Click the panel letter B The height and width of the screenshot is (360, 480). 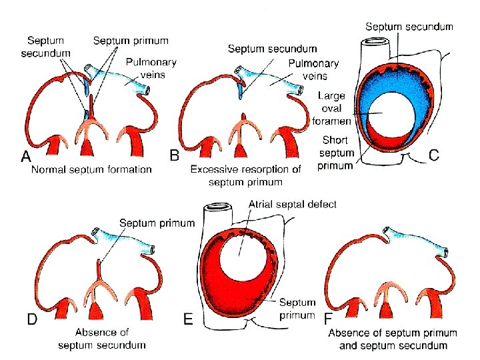pyautogui.click(x=175, y=155)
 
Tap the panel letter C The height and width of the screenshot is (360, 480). pyautogui.click(x=434, y=155)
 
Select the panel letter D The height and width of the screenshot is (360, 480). pyautogui.click(x=31, y=319)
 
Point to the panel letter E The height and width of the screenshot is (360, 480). pyautogui.click(x=189, y=320)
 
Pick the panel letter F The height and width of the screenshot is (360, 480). pyautogui.click(x=327, y=320)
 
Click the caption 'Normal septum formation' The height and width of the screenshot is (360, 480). pyautogui.click(x=91, y=169)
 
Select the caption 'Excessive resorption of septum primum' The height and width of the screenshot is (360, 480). pyautogui.click(x=245, y=175)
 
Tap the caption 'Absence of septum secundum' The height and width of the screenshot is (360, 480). pyautogui.click(x=101, y=338)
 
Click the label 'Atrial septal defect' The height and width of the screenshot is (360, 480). pyautogui.click(x=293, y=204)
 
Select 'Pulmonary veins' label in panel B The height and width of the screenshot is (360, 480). pyautogui.click(x=313, y=69)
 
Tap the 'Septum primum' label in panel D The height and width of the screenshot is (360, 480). pyautogui.click(x=157, y=223)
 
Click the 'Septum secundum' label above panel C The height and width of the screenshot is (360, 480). pyautogui.click(x=409, y=27)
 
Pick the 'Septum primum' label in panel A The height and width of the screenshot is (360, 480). pyautogui.click(x=131, y=41)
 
